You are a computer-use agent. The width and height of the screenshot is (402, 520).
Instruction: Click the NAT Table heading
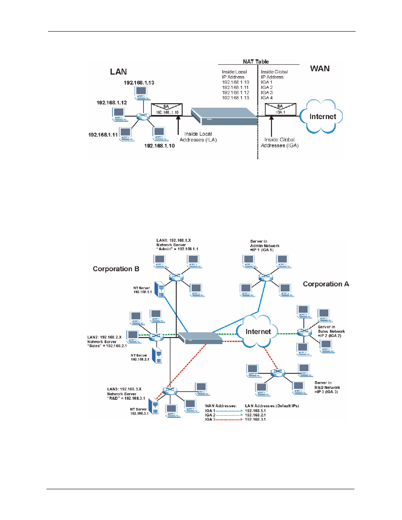click(256, 61)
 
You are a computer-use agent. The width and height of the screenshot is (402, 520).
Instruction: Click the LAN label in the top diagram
click(118, 72)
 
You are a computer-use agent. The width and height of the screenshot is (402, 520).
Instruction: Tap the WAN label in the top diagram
click(320, 69)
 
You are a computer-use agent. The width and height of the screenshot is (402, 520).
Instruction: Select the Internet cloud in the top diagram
click(322, 117)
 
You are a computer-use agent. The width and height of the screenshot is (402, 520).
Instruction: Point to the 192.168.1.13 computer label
click(139, 83)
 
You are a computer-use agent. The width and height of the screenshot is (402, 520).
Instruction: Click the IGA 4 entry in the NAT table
click(267, 98)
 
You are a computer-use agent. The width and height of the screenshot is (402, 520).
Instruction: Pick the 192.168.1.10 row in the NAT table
click(236, 83)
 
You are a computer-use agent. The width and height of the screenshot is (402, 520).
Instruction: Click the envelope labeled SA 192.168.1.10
click(167, 109)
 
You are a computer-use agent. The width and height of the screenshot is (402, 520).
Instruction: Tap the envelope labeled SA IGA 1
click(280, 109)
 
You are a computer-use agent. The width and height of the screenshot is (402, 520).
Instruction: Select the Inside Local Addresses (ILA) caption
click(198, 137)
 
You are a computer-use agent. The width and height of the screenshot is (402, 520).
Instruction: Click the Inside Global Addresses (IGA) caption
click(279, 143)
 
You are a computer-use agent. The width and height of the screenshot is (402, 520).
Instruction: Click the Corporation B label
click(116, 269)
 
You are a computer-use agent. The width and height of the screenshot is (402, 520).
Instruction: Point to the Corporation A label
click(326, 284)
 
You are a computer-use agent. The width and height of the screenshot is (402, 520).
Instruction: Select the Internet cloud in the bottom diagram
click(258, 332)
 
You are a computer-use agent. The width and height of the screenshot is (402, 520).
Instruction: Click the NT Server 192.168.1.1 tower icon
click(160, 289)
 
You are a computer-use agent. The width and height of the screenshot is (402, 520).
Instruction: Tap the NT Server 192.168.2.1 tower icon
click(157, 355)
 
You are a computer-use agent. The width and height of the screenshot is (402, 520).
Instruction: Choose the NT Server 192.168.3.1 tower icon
click(155, 406)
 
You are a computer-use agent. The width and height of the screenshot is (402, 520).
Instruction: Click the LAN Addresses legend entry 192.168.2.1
click(255, 415)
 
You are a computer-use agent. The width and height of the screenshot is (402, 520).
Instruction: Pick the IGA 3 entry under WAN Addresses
click(210, 419)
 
